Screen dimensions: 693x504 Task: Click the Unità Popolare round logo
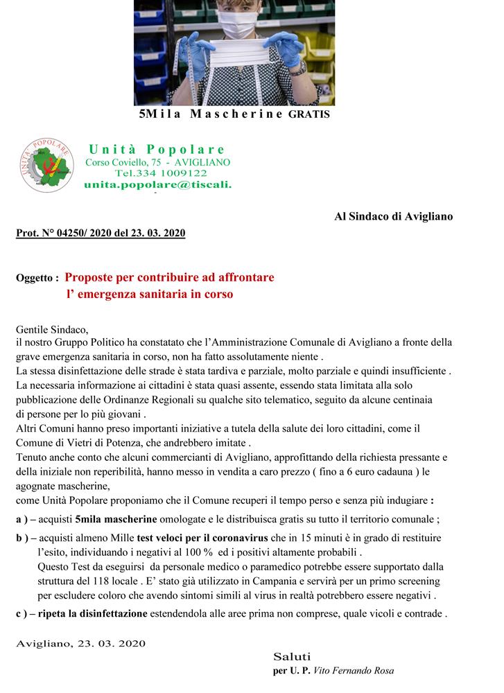click(x=46, y=166)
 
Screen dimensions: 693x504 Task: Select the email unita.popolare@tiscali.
click(x=158, y=185)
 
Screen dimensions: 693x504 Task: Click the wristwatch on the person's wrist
click(x=297, y=67)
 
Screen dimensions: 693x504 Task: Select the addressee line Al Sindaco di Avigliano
click(x=393, y=216)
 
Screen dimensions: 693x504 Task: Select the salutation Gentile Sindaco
click(x=53, y=329)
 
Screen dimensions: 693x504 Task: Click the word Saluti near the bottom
click(x=292, y=656)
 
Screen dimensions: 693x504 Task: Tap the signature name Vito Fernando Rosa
click(x=354, y=671)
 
